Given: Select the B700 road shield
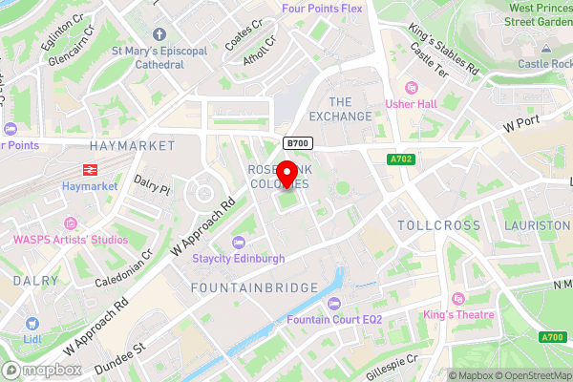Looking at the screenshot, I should click(297, 143).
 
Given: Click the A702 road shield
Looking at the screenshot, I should click(400, 159).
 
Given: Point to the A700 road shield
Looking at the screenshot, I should click(552, 336).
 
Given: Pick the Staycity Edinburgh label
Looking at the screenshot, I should click(239, 259).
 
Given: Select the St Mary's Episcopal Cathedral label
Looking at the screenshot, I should click(147, 57).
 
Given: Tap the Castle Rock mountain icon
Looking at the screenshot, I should click(544, 47).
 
